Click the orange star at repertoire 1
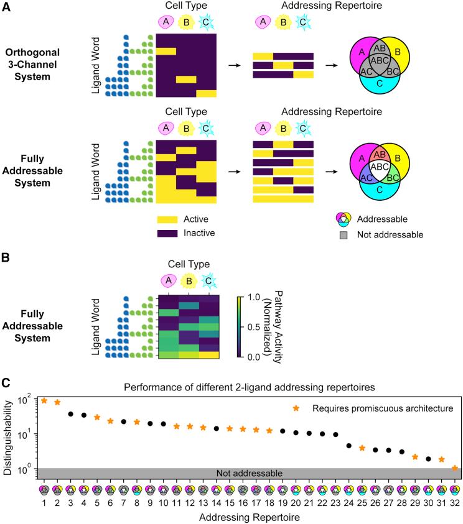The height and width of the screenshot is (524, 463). pyautogui.click(x=44, y=401)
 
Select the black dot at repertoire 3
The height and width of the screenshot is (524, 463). pyautogui.click(x=70, y=414)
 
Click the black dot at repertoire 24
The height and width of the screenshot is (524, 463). pyautogui.click(x=349, y=446)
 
